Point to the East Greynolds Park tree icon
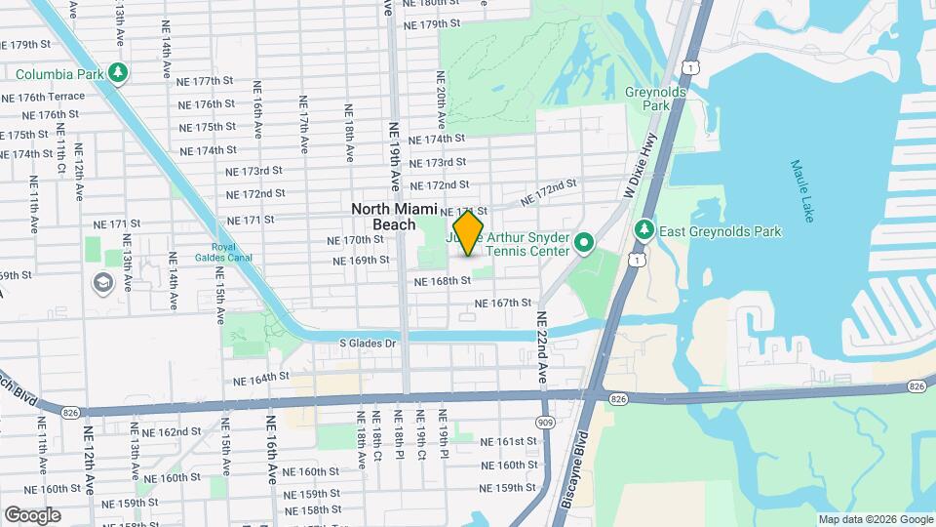643,230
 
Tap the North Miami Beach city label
396,217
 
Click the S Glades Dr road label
369,344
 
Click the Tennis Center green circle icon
584,242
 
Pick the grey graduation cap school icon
102,283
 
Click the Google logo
32,515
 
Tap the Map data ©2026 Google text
876,519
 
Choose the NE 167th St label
503,304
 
